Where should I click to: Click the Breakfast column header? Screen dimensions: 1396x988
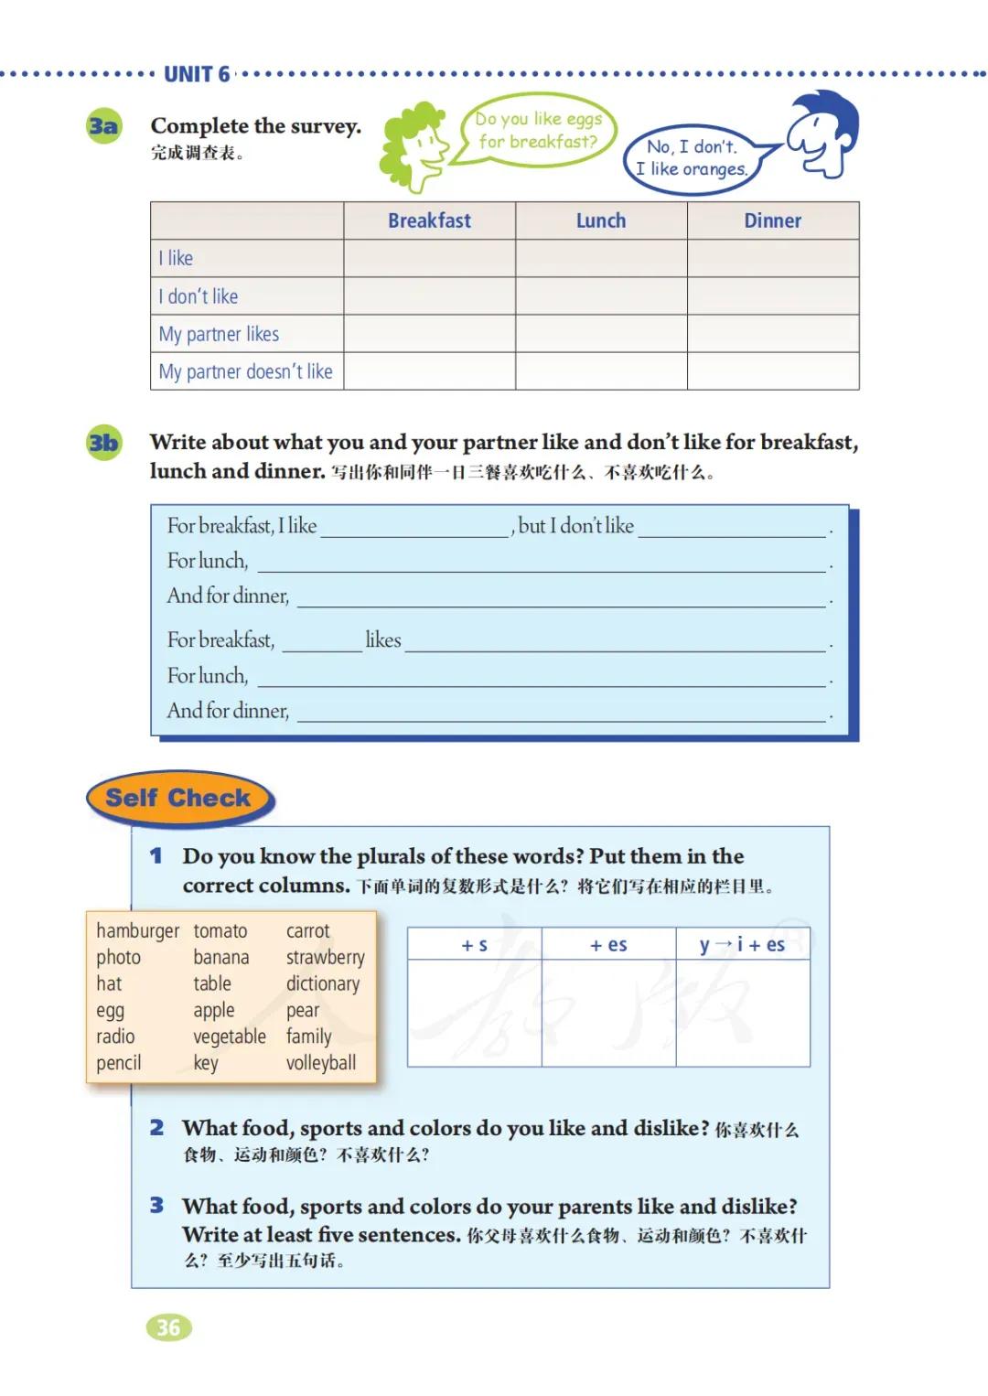(429, 220)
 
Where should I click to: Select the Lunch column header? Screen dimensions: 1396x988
(601, 220)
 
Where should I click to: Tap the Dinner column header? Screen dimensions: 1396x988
(772, 220)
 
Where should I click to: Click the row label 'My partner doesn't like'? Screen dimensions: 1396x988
(245, 371)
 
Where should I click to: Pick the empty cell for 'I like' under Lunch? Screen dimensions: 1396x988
(601, 258)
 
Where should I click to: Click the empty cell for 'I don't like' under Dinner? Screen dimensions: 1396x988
(772, 296)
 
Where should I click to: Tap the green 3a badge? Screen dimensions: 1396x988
(103, 126)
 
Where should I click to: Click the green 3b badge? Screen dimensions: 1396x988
(103, 444)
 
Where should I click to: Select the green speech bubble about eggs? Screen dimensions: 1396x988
(539, 130)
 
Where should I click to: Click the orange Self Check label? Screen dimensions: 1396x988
(178, 798)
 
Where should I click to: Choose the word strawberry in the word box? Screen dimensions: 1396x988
(325, 957)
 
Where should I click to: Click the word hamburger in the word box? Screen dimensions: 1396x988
(137, 930)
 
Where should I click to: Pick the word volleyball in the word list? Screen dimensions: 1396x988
(320, 1063)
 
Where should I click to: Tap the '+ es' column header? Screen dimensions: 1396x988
(608, 945)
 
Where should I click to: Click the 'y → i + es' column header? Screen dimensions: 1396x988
(742, 945)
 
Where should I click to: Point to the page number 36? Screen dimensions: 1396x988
(168, 1327)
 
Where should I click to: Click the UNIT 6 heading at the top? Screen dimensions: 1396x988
(197, 74)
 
